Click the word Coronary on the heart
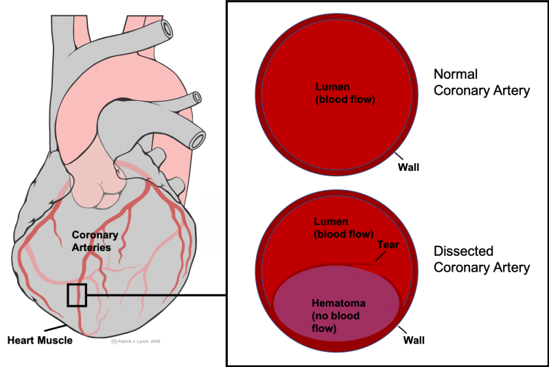pyautogui.click(x=95, y=235)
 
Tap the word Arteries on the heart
pyautogui.click(x=91, y=247)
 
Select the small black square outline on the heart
pyautogui.click(x=77, y=294)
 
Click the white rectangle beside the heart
pyautogui.click(x=210, y=223)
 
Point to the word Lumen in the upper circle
pyautogui.click(x=333, y=88)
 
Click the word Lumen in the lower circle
pyautogui.click(x=331, y=222)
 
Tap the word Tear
pyautogui.click(x=388, y=245)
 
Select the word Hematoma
pyautogui.click(x=338, y=303)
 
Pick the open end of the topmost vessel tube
pyautogui.click(x=166, y=29)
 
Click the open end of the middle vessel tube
pyautogui.click(x=197, y=97)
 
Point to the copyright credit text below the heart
pyautogui.click(x=136, y=340)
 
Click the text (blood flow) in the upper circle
pyautogui.click(x=345, y=100)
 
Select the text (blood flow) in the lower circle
pyautogui.click(x=343, y=234)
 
